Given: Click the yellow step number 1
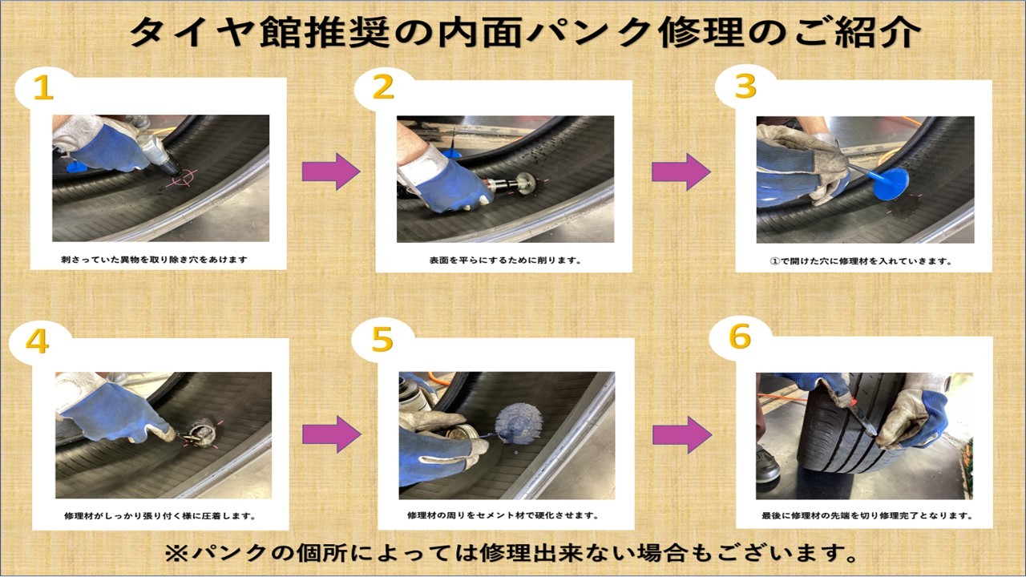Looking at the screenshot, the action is click(x=43, y=87).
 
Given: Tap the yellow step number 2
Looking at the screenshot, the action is click(x=383, y=87).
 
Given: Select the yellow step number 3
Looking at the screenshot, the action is click(x=745, y=87).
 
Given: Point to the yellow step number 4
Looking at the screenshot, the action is click(x=37, y=341).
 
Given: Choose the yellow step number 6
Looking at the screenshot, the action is click(x=740, y=337).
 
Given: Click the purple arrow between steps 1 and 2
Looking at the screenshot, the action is click(x=331, y=171).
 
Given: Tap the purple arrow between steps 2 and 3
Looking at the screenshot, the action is click(x=681, y=171).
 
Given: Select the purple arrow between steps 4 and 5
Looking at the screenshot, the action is click(x=331, y=434).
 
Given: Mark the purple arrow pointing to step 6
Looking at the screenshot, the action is click(x=682, y=434).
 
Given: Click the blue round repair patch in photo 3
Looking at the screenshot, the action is click(x=891, y=184).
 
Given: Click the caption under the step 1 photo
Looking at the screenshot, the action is click(x=155, y=260).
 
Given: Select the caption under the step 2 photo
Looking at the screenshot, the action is click(x=505, y=260).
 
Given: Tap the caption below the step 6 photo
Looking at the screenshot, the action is click(x=867, y=515).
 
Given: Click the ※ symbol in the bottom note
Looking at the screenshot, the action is click(x=177, y=554).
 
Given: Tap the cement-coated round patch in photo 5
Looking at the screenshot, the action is click(x=519, y=423).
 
